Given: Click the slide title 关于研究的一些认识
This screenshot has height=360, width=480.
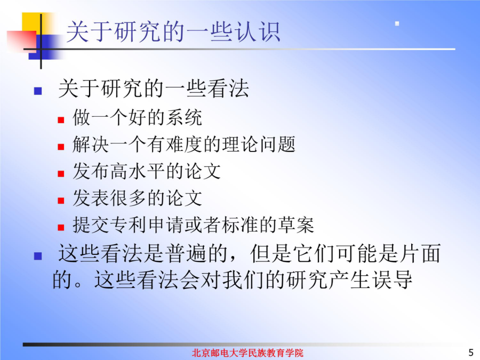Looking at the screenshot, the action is coord(173,31).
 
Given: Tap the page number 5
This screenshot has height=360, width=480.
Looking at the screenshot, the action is coord(471,353).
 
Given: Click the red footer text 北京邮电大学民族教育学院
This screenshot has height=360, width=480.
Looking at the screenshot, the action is coord(247,353).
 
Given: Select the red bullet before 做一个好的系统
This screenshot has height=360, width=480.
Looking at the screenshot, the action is coord(61,119).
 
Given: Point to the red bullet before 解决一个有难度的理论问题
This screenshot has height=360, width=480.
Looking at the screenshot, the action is coord(61,147).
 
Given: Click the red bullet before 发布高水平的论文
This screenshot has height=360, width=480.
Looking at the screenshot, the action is coord(61,173).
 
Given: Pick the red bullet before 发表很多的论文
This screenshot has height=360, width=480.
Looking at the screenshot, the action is coord(61,201).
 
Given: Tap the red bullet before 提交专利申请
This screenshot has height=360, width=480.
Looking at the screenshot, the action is coord(61,227).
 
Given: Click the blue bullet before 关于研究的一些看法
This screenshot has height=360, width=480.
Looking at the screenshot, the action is coord(38,91).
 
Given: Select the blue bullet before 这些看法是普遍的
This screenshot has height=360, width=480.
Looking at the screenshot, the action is coord(38,256).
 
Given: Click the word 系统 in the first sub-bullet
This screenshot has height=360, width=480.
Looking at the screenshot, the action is coord(183,117).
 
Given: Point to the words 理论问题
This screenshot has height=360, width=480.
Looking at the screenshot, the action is coord(258,145).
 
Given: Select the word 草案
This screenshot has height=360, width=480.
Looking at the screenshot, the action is coord(296,225).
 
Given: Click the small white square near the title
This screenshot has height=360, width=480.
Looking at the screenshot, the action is coord(397,23).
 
